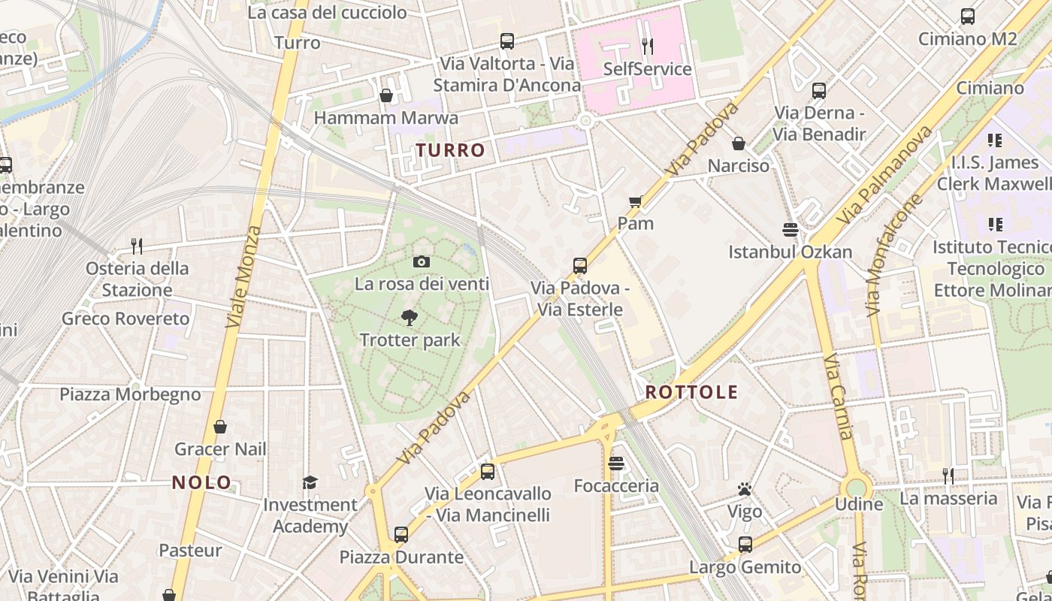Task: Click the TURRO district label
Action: click(x=450, y=150)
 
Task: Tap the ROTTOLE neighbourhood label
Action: click(x=691, y=391)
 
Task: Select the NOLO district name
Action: click(x=201, y=482)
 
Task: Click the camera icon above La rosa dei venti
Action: click(x=422, y=261)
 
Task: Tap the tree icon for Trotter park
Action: click(x=410, y=318)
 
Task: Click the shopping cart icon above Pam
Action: click(x=635, y=201)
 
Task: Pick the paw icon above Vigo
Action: click(x=745, y=490)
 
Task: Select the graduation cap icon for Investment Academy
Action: click(x=310, y=482)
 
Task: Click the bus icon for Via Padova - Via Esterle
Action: click(x=579, y=265)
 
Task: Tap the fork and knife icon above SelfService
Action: click(x=647, y=47)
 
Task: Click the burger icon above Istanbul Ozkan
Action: click(x=790, y=228)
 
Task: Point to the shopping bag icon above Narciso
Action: click(x=739, y=143)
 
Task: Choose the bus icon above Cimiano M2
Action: click(x=968, y=16)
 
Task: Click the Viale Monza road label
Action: click(x=244, y=276)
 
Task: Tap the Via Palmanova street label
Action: click(x=884, y=174)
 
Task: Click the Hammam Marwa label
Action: click(x=385, y=118)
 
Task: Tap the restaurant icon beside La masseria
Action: click(x=948, y=476)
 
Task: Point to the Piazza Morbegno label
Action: click(x=130, y=394)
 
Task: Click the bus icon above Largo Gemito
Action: click(x=745, y=545)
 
